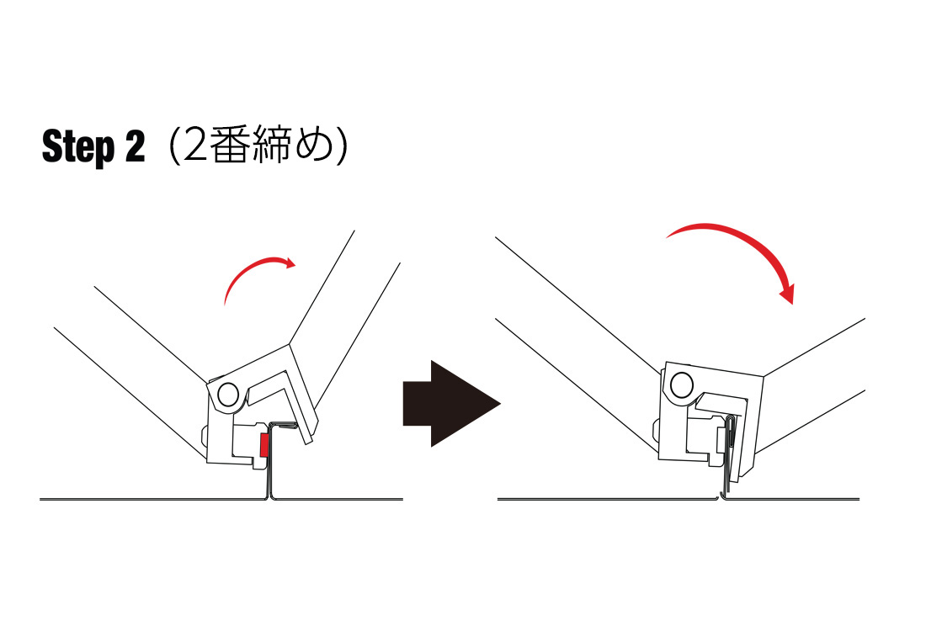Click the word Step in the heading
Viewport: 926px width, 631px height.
coord(78,147)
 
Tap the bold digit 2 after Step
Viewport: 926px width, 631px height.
coord(136,146)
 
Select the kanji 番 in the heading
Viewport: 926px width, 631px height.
coord(229,145)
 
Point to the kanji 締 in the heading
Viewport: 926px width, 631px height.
coord(272,145)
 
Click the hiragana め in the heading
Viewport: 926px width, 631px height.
coord(315,146)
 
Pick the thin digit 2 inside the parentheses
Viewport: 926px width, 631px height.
coord(195,146)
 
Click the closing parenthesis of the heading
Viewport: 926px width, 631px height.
coord(342,146)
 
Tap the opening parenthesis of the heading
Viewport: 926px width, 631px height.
coord(174,146)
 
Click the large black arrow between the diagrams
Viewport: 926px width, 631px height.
coord(452,403)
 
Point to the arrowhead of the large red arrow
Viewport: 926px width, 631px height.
coord(787,293)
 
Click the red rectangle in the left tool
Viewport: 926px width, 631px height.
coord(264,446)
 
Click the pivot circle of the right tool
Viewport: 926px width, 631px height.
coord(682,385)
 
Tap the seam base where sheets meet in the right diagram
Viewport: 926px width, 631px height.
coord(721,497)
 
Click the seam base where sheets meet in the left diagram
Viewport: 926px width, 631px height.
coord(272,497)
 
